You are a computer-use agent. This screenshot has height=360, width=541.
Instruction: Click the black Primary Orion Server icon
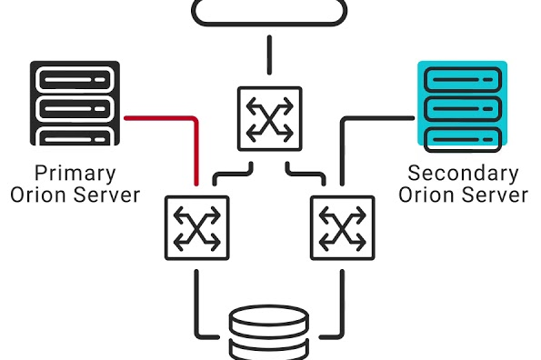75,104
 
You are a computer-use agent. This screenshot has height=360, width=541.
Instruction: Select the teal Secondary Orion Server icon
461,104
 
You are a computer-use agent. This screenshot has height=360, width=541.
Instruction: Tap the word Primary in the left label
75,173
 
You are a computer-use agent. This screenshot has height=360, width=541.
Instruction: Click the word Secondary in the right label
463,173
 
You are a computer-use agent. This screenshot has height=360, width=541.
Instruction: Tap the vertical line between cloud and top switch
269,55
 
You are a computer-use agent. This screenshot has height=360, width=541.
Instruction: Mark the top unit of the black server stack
75,78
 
